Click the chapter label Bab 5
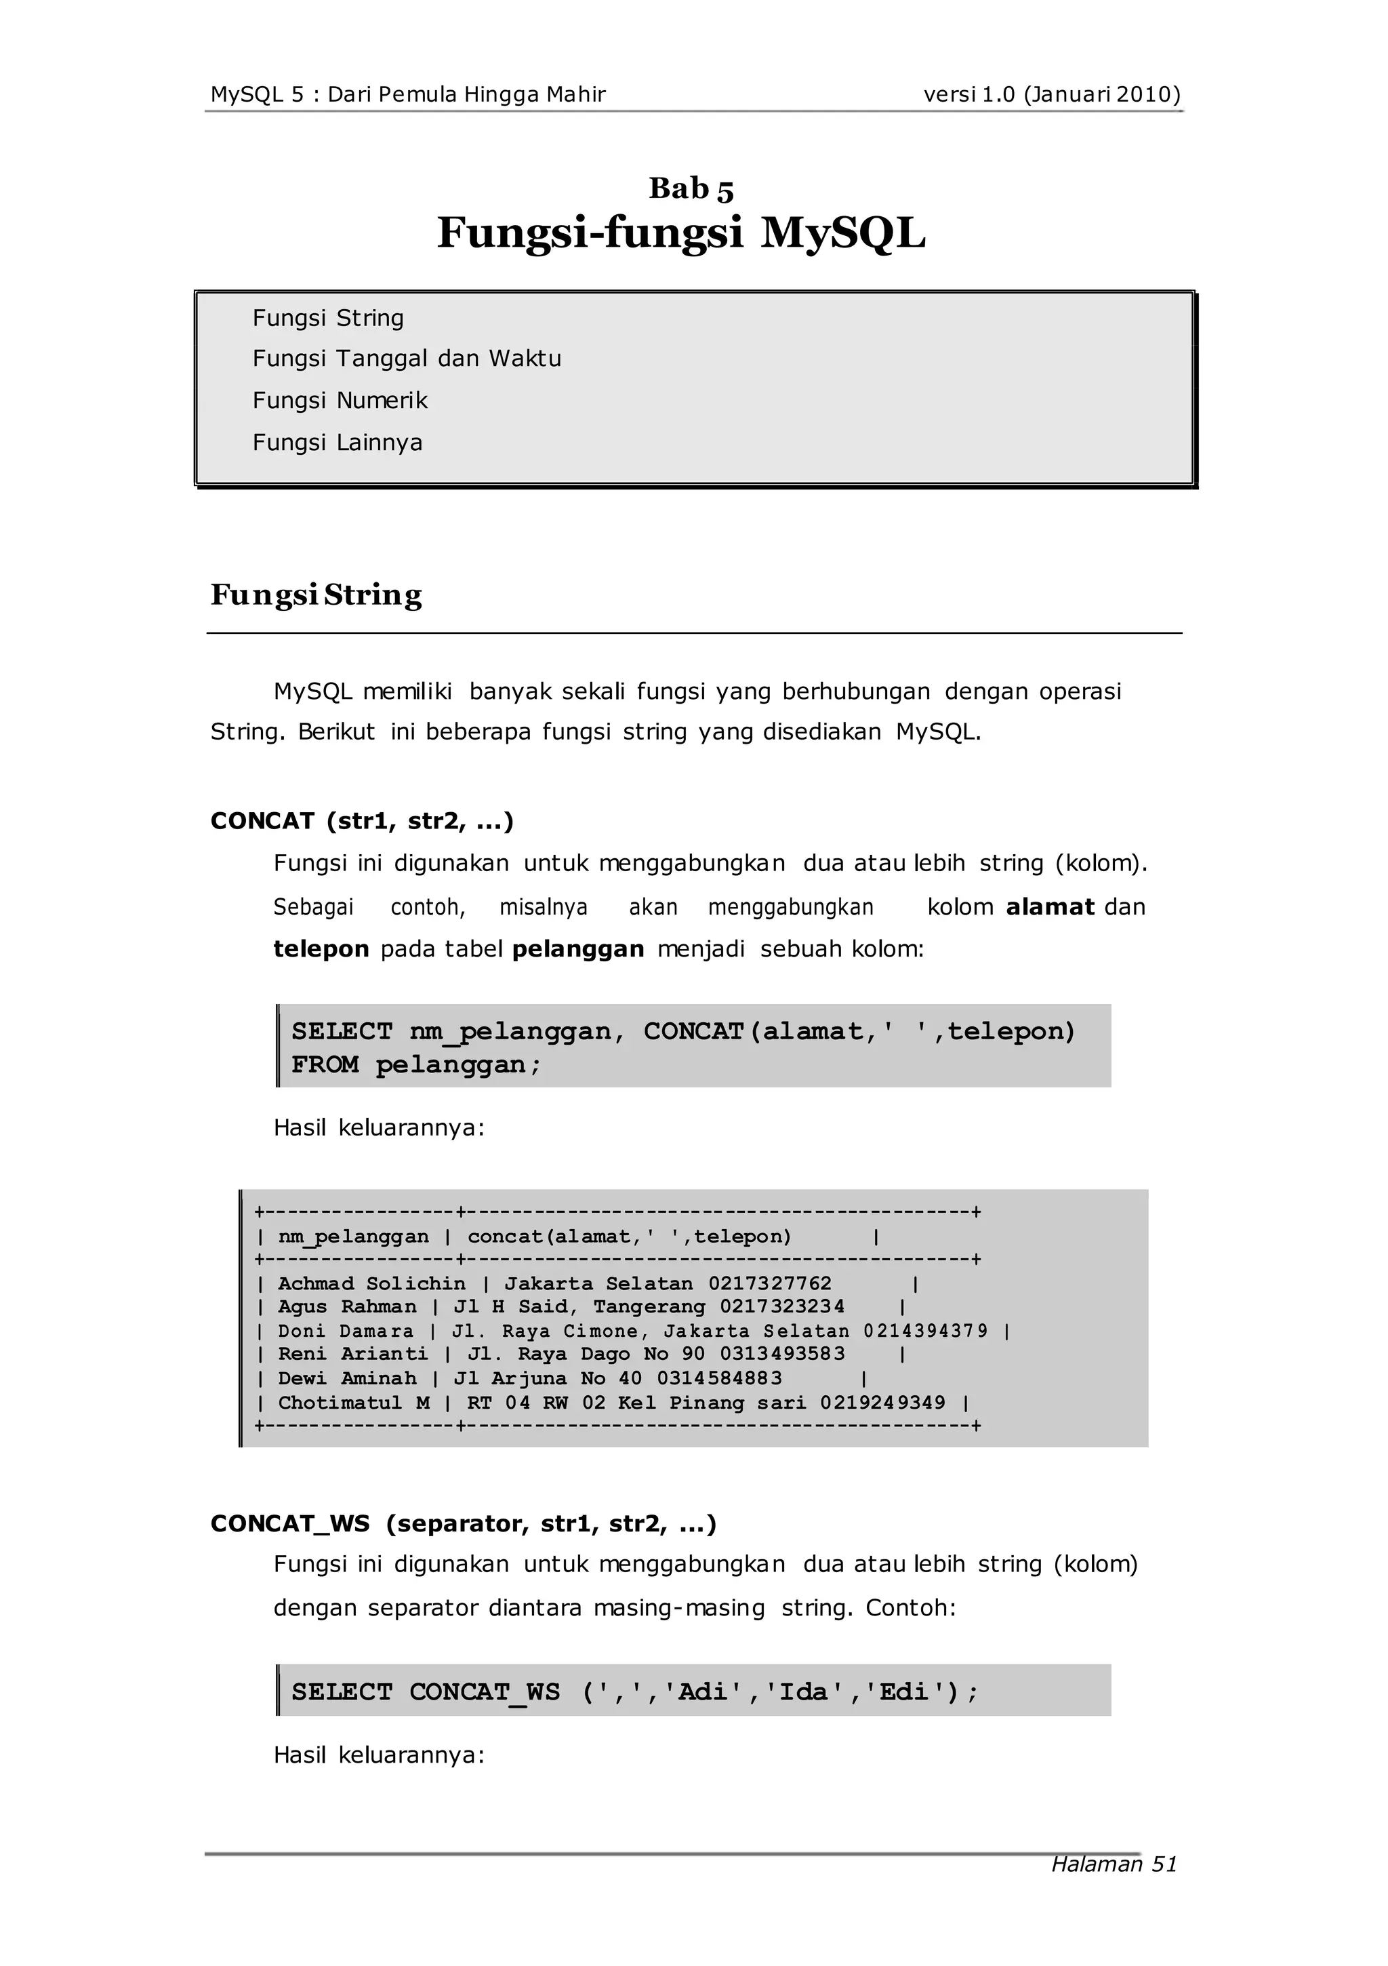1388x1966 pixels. [x=691, y=188]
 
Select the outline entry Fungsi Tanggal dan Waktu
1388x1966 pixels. [x=407, y=359]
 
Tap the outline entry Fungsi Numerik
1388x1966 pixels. [x=340, y=401]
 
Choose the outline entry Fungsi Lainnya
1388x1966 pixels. [x=338, y=443]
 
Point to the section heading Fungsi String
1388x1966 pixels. [x=316, y=595]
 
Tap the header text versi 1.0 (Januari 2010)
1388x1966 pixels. [x=1051, y=94]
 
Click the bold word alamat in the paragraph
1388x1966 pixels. [x=1050, y=907]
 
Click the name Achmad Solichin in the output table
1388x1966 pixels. [x=371, y=1283]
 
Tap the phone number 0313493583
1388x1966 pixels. [x=782, y=1354]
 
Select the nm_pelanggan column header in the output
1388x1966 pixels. [x=353, y=1237]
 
